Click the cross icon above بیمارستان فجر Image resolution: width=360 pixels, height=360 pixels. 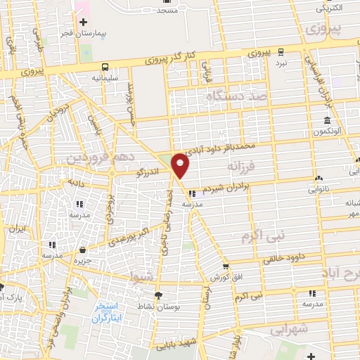pos(83,21)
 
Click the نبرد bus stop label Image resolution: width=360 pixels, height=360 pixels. pos(281,63)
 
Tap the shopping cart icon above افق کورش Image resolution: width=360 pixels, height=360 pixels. pos(225,266)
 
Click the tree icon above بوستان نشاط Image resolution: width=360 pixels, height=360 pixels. pos(157,295)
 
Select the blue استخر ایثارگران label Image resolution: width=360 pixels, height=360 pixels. pos(112,314)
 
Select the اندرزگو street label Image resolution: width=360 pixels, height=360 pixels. pos(149,170)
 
